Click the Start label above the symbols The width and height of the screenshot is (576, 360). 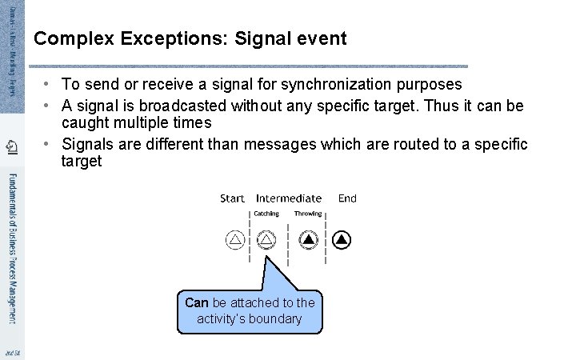pos(232,198)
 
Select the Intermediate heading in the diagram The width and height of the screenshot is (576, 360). pos(289,198)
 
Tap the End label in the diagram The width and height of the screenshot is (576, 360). pos(347,198)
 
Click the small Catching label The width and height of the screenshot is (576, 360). pos(266,214)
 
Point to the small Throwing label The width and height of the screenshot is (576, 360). pos(308,214)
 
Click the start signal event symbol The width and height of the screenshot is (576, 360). pos(235,239)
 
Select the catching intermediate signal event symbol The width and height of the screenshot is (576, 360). pos(266,239)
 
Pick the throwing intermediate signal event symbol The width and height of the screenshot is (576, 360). pos(309,239)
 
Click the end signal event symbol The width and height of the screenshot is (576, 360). pos(342,239)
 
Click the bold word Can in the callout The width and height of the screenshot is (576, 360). pos(196,302)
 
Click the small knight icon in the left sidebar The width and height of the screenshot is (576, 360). pos(10,146)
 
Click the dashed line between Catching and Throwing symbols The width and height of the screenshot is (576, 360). pos(287,239)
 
